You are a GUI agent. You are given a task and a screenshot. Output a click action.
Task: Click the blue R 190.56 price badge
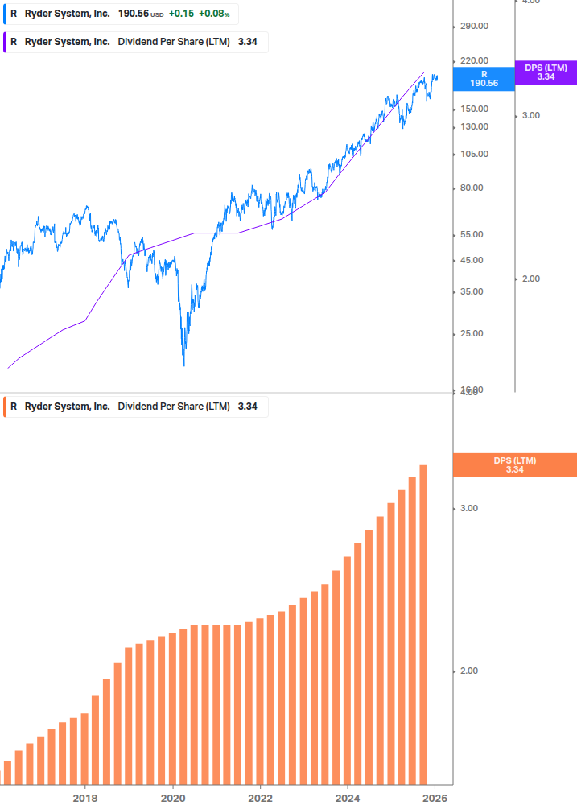pos(484,78)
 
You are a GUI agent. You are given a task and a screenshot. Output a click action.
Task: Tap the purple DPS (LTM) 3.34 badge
pos(546,72)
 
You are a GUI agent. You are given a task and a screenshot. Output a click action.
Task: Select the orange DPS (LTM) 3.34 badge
pos(515,465)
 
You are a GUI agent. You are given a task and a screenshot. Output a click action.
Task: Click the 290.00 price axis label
pos(474,26)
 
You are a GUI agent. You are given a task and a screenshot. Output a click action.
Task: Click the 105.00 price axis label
pos(474,154)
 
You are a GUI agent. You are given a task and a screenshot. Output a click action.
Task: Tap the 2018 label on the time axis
pos(85,798)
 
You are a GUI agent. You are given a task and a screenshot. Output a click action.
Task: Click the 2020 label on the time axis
pos(173,798)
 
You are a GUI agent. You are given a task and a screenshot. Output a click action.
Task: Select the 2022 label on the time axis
pos(260,798)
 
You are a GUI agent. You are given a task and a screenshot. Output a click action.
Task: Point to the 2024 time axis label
pos(348,798)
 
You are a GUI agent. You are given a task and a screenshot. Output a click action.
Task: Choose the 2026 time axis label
pos(435,798)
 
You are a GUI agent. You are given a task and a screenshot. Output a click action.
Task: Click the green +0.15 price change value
pos(180,14)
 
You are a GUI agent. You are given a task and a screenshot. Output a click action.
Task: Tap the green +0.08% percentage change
pos(213,14)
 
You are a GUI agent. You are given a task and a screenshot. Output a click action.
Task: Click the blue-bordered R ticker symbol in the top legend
pos(14,14)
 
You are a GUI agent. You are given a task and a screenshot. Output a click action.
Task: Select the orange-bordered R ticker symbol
pos(14,407)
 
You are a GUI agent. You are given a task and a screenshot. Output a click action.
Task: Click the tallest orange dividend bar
pos(423,624)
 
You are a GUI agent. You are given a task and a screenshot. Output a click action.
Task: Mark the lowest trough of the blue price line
pos(184,365)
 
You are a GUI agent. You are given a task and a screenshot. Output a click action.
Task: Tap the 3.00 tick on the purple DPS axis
pos(530,115)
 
